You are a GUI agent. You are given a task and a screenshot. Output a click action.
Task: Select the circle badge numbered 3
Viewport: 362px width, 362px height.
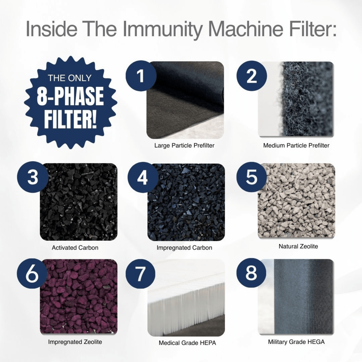(x=33, y=178)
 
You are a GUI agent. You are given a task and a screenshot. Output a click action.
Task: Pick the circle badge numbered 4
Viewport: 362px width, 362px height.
(x=143, y=178)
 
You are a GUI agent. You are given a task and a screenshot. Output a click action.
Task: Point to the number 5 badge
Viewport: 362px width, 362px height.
(x=251, y=176)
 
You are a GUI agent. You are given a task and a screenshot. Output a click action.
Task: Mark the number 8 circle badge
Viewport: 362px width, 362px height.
(x=251, y=273)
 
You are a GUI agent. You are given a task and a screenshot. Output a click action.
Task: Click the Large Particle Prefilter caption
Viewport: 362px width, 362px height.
(x=184, y=146)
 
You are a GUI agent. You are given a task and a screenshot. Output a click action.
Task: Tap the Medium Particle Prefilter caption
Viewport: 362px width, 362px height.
(x=296, y=146)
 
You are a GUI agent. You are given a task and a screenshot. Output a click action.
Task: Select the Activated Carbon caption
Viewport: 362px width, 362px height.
(x=75, y=248)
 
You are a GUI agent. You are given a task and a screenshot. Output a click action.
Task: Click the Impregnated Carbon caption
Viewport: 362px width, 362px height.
(x=184, y=248)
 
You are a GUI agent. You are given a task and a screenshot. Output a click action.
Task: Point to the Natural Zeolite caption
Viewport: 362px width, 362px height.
(x=298, y=246)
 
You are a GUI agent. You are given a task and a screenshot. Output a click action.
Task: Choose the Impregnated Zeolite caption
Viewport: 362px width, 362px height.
(x=75, y=342)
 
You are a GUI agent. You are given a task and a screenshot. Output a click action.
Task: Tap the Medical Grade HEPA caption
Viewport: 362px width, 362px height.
(x=187, y=343)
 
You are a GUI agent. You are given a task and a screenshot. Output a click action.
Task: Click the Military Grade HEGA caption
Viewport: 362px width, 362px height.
(x=296, y=342)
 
